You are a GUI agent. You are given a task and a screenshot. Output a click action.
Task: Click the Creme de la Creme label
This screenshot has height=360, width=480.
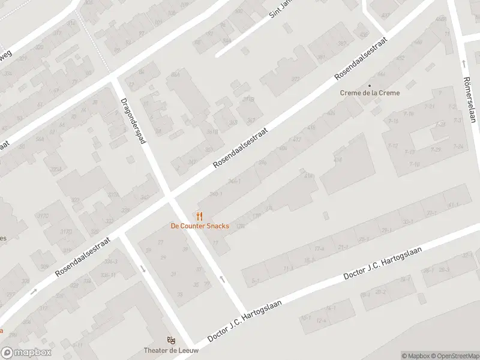pyautogui.click(x=370, y=93)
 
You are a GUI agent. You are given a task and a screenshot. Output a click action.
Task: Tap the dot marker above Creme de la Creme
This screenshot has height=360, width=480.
pyautogui.click(x=370, y=85)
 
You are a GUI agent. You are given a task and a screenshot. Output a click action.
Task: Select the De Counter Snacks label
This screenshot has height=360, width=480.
pyautogui.click(x=200, y=226)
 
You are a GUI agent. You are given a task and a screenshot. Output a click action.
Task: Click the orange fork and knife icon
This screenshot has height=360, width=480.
pyautogui.click(x=200, y=216)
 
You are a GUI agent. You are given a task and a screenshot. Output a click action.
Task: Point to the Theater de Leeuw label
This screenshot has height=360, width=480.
pyautogui.click(x=171, y=350)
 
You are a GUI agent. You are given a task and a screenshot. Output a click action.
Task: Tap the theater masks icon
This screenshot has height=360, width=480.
pyautogui.click(x=171, y=340)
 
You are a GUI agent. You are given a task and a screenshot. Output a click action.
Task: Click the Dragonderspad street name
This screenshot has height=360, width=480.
pyautogui.click(x=133, y=120)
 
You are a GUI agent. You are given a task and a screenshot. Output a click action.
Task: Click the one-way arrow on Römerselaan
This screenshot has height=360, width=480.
pyautogui.click(x=464, y=63)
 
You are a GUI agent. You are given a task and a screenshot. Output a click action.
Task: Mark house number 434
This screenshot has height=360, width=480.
pyautogui.click(x=337, y=160)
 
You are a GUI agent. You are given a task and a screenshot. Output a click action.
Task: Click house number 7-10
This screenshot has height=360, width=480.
pyautogui.click(x=415, y=164)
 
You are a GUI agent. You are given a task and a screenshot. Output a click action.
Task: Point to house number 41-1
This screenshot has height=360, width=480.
pyautogui.click(x=452, y=205)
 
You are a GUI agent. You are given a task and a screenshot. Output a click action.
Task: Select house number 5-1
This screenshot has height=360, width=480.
pyautogui.click(x=256, y=280)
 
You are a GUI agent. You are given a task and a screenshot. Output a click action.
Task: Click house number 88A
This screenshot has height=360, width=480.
pyautogui.click(x=175, y=74)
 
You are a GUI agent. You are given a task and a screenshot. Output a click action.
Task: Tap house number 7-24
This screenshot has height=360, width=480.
pyautogui.click(x=458, y=146)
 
